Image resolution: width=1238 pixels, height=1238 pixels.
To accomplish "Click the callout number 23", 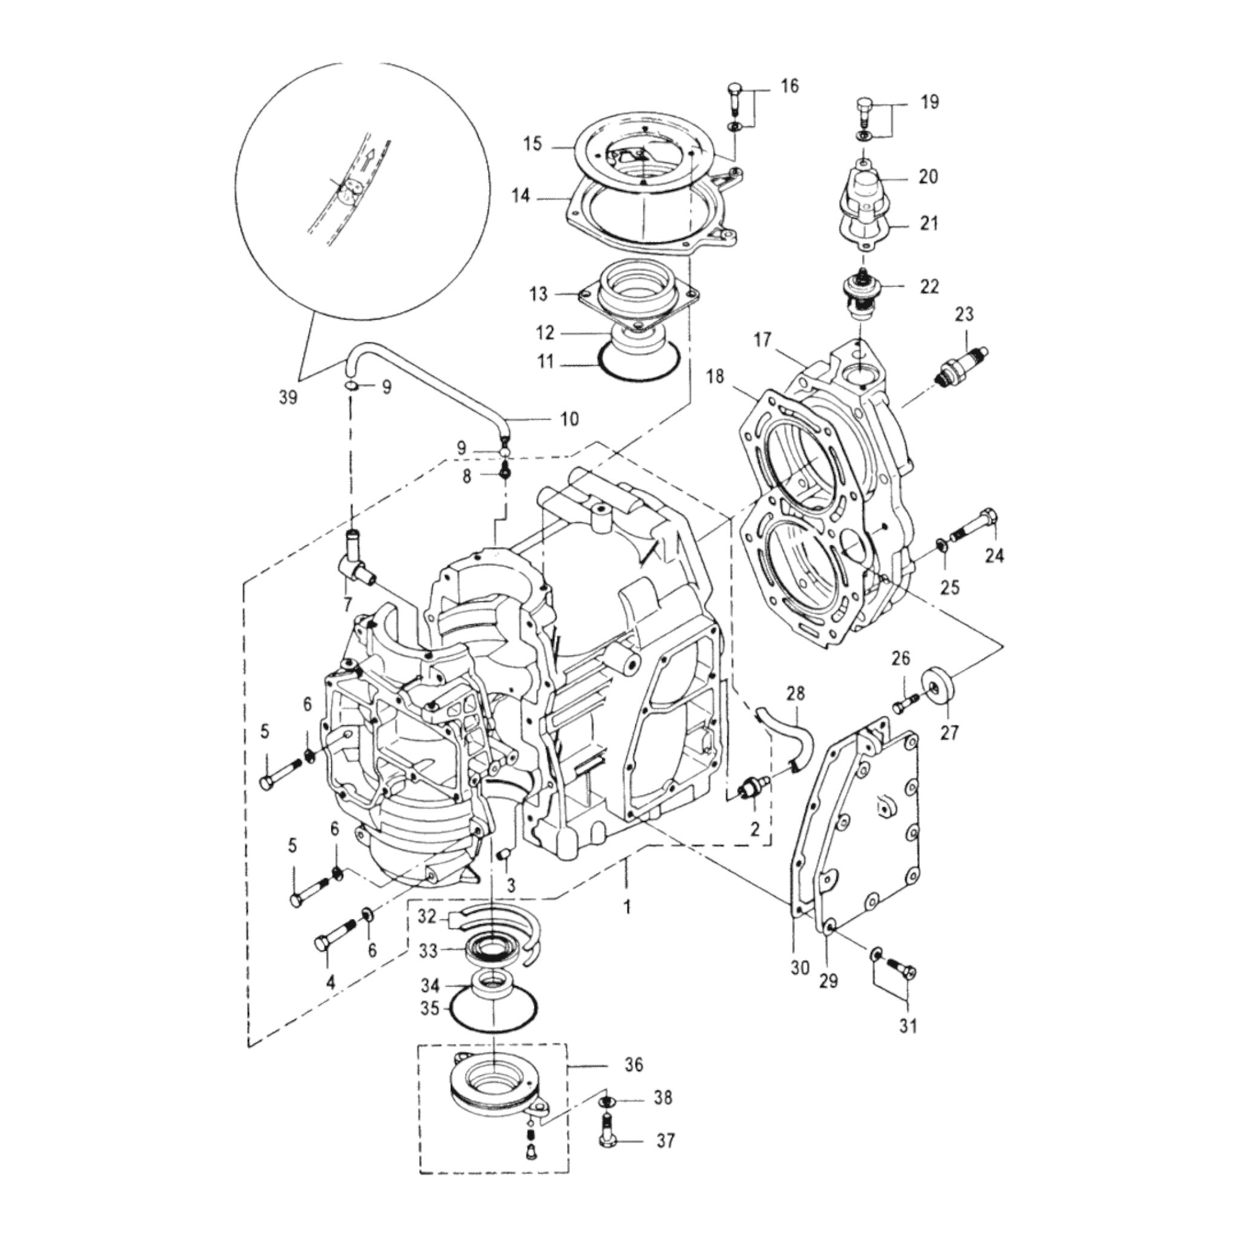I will tap(964, 314).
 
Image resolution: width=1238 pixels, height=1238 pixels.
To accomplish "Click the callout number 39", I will tap(288, 397).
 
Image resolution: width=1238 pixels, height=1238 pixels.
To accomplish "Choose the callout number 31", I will tap(907, 1043).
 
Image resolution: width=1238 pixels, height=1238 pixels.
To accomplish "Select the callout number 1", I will tap(627, 907).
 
